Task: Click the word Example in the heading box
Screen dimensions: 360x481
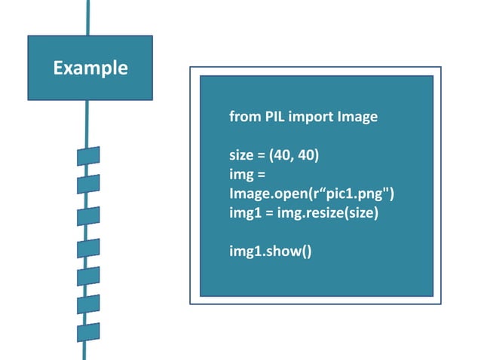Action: pyautogui.click(x=90, y=68)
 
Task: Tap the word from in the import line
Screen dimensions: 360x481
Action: pyautogui.click(x=242, y=117)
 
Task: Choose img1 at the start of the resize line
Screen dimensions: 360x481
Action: pyautogui.click(x=243, y=213)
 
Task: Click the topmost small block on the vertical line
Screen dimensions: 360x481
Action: pyautogui.click(x=88, y=157)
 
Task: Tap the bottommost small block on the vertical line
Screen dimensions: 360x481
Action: pyautogui.click(x=88, y=332)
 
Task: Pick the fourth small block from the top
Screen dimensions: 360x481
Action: pyautogui.click(x=88, y=246)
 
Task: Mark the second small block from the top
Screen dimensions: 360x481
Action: pyautogui.click(x=88, y=185)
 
